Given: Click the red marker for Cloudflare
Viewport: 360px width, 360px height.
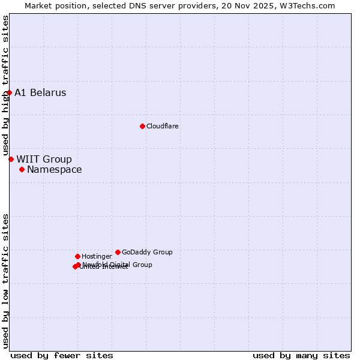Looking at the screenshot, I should pos(142,126).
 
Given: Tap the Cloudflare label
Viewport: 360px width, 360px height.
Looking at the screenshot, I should pos(163,127).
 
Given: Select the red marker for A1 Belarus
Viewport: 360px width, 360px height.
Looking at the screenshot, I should pos(9,92).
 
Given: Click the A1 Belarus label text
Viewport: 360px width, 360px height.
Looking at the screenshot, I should pos(40,93).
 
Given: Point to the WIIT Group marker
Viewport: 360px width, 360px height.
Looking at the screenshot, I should pos(11,159).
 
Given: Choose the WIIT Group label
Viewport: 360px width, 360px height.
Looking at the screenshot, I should pos(44,160).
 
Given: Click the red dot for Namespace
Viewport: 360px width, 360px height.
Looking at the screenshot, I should pos(22,169).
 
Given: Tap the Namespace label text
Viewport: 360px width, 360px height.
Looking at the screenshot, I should pos(54,170).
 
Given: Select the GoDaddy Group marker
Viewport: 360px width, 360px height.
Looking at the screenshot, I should pos(118,252).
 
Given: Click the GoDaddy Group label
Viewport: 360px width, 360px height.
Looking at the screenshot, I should pos(147,253).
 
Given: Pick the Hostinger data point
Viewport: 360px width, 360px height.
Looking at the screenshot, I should pos(77,256).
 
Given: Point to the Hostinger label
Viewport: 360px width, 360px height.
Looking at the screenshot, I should pos(97,257).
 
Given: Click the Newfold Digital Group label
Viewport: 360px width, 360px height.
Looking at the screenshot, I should pos(118,265).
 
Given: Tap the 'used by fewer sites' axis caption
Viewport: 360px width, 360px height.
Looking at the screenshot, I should pos(62,355).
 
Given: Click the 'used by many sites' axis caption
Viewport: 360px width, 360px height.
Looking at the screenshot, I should pos(301,355).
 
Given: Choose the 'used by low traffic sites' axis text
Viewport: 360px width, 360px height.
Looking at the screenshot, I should pos(6,280).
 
